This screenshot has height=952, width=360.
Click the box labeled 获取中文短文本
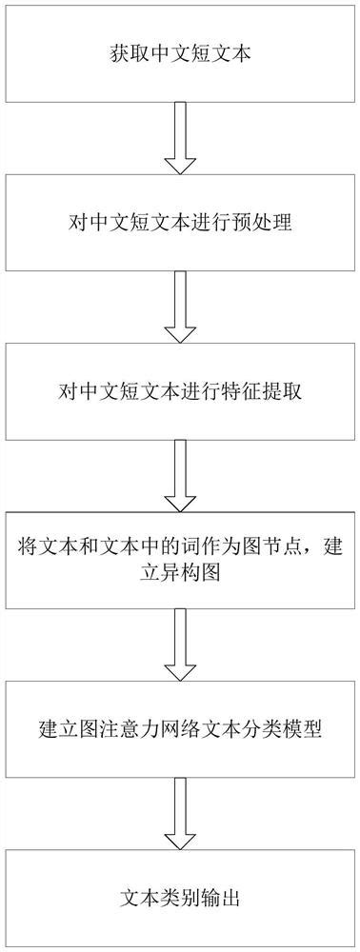[179, 55]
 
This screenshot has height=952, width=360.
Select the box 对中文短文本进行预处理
[179, 225]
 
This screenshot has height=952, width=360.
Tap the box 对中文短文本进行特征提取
[179, 392]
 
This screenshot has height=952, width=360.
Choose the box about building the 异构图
[179, 560]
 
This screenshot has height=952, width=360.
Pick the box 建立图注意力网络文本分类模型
[179, 729]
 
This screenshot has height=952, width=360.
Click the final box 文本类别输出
[179, 897]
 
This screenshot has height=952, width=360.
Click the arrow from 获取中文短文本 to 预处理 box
[180, 139]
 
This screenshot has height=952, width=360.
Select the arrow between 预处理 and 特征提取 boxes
[180, 307]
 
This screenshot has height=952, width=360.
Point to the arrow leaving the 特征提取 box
[180, 476]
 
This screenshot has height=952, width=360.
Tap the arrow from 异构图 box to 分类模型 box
[180, 645]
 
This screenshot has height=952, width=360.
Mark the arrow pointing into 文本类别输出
[180, 813]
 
